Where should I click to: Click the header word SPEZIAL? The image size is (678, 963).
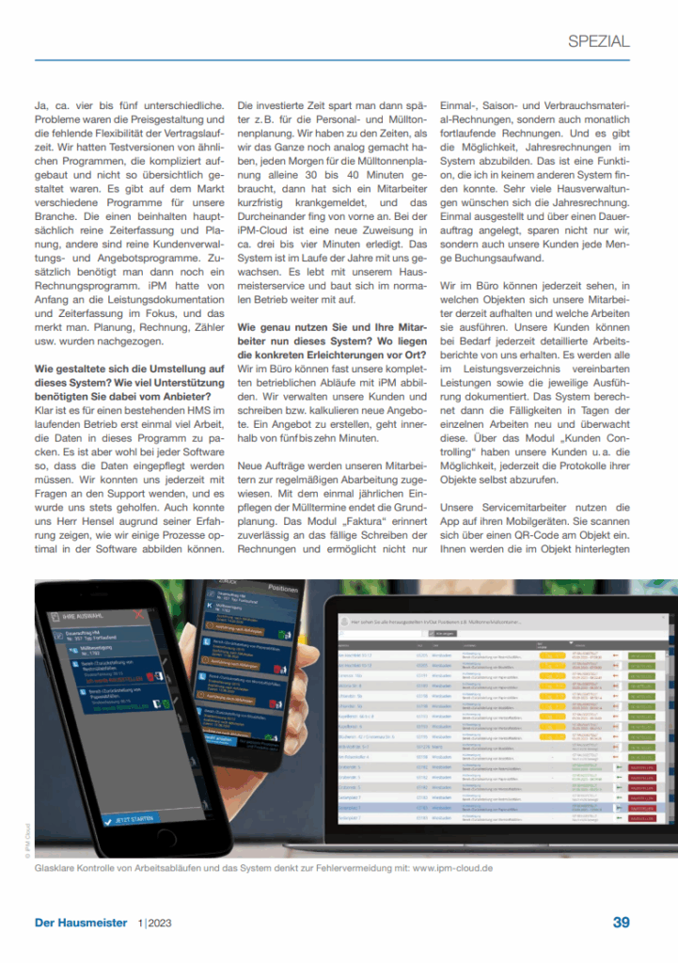coord(599,41)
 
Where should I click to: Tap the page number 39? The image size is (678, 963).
coord(622,923)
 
